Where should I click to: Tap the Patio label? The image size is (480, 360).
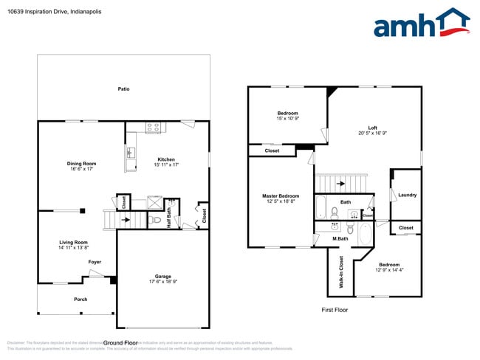pyautogui.click(x=124, y=89)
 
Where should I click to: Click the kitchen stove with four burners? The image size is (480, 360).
pyautogui.click(x=154, y=127)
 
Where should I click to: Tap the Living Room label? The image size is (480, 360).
pyautogui.click(x=74, y=242)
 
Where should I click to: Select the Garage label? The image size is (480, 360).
pyautogui.click(x=163, y=277)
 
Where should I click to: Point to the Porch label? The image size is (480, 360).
pyautogui.click(x=80, y=299)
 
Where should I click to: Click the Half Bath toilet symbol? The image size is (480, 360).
pyautogui.click(x=156, y=219)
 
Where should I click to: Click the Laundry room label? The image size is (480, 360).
pyautogui.click(x=407, y=195)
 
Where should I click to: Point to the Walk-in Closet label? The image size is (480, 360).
pyautogui.click(x=340, y=271)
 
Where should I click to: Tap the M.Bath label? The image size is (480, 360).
pyautogui.click(x=340, y=238)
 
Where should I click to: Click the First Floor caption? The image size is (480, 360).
pyautogui.click(x=334, y=310)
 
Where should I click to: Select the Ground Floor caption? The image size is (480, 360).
pyautogui.click(x=120, y=342)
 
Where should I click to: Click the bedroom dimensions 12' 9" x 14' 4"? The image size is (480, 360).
pyautogui.click(x=388, y=270)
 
